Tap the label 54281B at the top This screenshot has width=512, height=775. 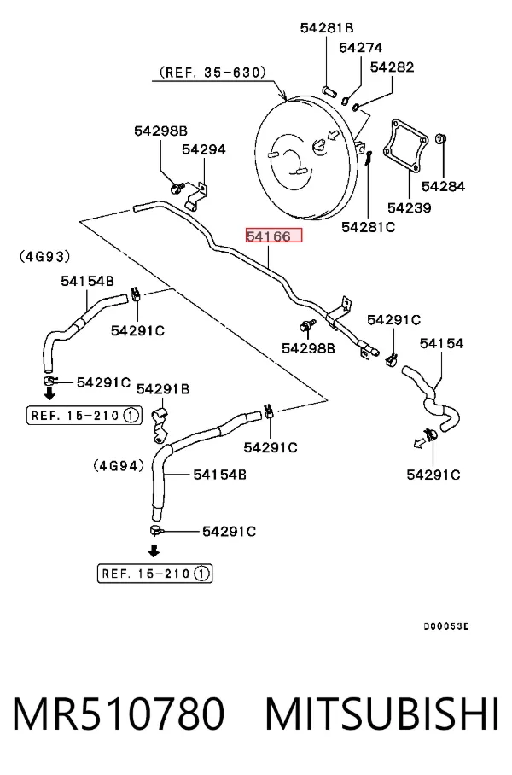[327, 27]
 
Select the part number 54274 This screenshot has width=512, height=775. [360, 48]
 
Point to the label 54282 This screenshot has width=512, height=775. [392, 67]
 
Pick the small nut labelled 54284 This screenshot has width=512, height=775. [440, 138]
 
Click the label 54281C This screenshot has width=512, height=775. [368, 227]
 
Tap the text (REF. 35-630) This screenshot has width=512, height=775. [212, 73]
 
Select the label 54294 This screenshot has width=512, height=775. [204, 149]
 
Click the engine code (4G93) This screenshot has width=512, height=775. [45, 256]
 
